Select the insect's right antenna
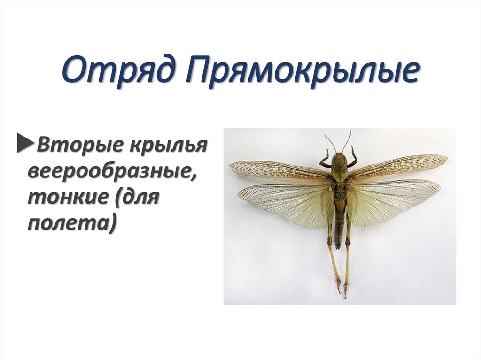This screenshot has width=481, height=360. coord(347,140)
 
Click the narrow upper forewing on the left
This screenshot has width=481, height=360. coord(277,171)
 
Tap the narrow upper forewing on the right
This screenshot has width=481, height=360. coord(399,164)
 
